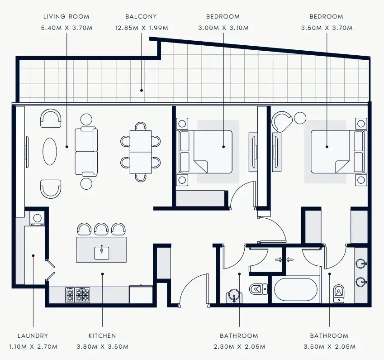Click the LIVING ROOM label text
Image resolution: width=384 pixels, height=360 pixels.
(66, 17)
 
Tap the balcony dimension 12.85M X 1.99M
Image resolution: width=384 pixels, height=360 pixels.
(142, 28)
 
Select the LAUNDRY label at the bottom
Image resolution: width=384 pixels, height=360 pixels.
(33, 336)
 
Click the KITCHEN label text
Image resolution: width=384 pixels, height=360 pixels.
(102, 336)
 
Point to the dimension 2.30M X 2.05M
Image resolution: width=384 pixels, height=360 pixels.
(239, 347)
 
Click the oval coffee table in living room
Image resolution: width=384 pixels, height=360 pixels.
(50, 151)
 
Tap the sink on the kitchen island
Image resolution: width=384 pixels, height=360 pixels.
(102, 253)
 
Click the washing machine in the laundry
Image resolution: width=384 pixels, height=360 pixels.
(37, 218)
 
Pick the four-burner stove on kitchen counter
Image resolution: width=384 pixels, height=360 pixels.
(82, 295)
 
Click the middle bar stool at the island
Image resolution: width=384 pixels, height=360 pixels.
(101, 229)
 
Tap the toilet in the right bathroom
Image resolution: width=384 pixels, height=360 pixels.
(339, 293)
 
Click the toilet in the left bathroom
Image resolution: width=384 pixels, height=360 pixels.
(258, 289)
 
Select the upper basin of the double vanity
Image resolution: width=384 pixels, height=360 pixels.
(361, 264)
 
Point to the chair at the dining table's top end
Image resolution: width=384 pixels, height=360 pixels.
(141, 126)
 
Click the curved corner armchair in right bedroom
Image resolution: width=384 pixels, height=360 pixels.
(282, 122)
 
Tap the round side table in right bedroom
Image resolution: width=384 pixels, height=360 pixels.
(300, 118)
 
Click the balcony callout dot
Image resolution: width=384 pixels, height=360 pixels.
(142, 91)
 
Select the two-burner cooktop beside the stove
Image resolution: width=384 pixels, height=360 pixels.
(70, 295)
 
